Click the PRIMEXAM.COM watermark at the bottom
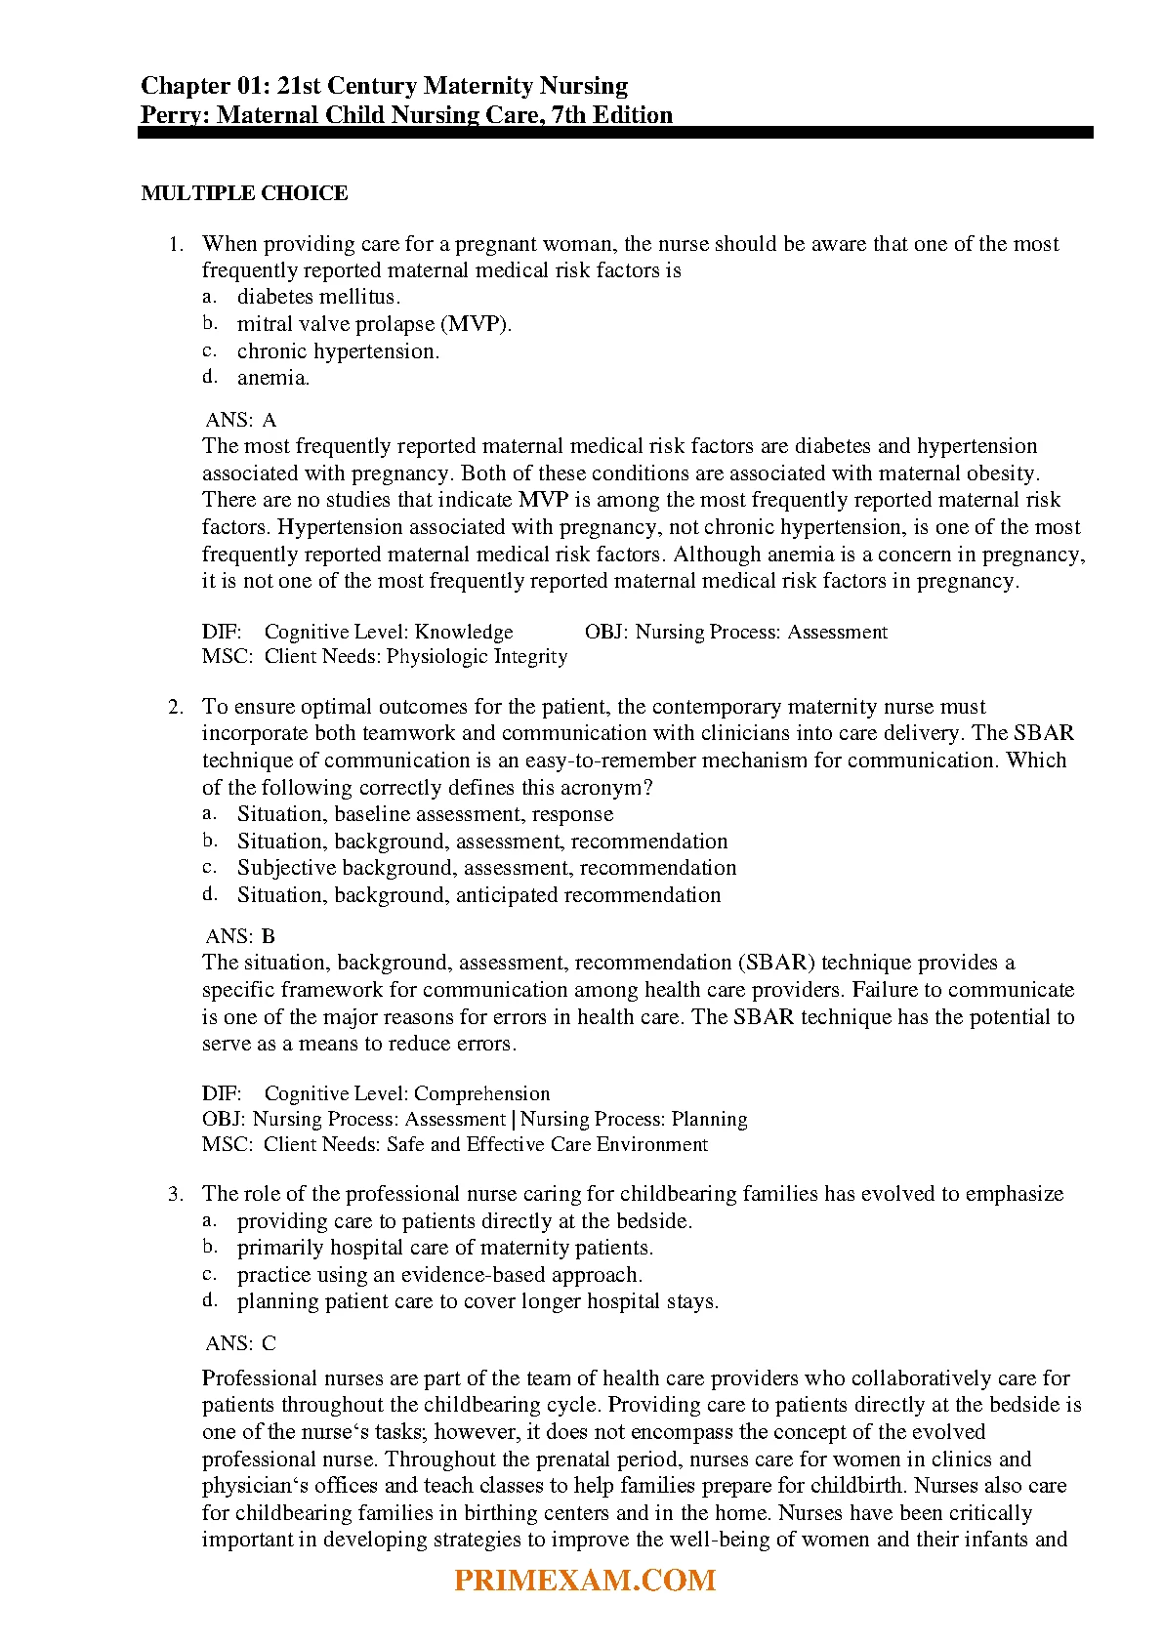click(585, 1581)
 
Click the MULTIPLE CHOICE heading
click(244, 193)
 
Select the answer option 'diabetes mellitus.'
click(318, 297)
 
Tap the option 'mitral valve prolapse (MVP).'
click(374, 324)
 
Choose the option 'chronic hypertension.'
click(338, 351)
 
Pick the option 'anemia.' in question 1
click(273, 378)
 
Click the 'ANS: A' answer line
click(241, 420)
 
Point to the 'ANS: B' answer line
click(241, 936)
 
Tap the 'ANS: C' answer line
click(241, 1343)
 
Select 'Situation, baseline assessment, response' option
click(425, 814)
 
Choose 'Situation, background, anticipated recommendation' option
click(478, 895)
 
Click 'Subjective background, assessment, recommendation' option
click(486, 868)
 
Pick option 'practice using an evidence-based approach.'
click(439, 1275)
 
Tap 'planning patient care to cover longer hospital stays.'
click(478, 1301)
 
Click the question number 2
click(176, 707)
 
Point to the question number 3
click(176, 1194)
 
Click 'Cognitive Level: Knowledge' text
click(389, 632)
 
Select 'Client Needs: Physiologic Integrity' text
click(415, 657)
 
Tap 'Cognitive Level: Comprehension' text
click(407, 1093)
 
